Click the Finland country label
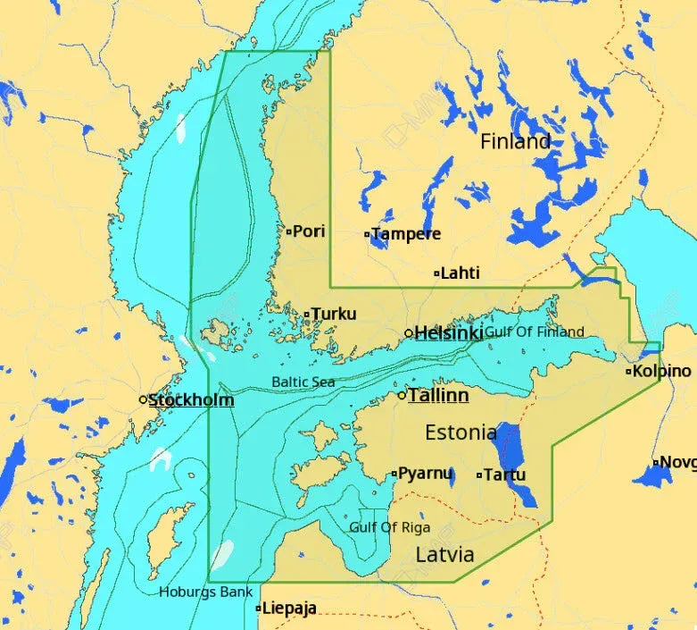pyautogui.click(x=515, y=141)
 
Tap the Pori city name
pyautogui.click(x=309, y=231)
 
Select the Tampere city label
pyautogui.click(x=406, y=234)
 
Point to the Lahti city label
pyautogui.click(x=461, y=273)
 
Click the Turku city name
pyautogui.click(x=334, y=314)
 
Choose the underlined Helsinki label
pyautogui.click(x=448, y=333)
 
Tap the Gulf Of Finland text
pyautogui.click(x=535, y=332)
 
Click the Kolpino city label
pyautogui.click(x=661, y=371)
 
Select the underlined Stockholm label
pyautogui.click(x=191, y=399)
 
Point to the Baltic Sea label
pyautogui.click(x=303, y=382)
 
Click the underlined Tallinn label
pyautogui.click(x=438, y=395)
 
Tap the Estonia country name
pyautogui.click(x=461, y=433)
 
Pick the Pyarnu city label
pyautogui.click(x=425, y=474)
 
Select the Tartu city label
pyautogui.click(x=506, y=475)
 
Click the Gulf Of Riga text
pyautogui.click(x=389, y=527)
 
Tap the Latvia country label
pyautogui.click(x=444, y=555)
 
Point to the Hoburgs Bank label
pyautogui.click(x=205, y=592)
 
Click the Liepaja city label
pyautogui.click(x=289, y=609)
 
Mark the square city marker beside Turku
pyautogui.click(x=307, y=315)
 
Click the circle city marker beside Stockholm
pyautogui.click(x=143, y=399)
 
